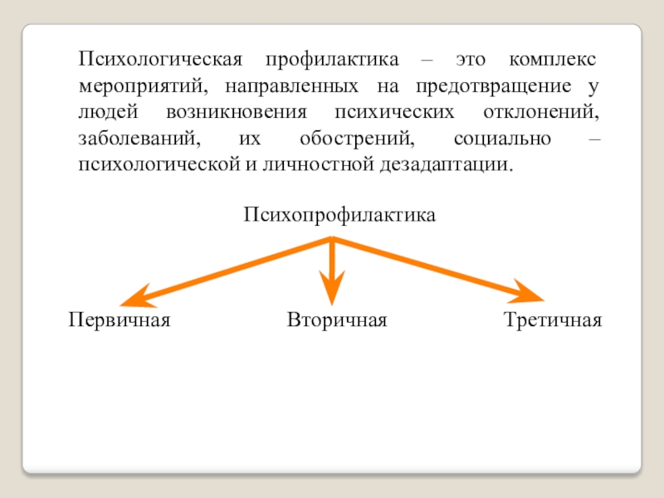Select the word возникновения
pos(240,112)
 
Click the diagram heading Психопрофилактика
pos(339,216)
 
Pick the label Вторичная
pos(337,320)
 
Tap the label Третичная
pos(552,320)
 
